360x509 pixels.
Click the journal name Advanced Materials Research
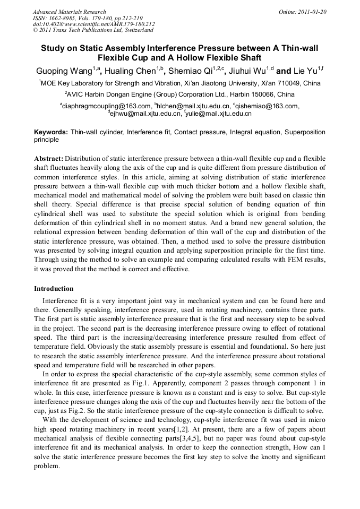point(69,12)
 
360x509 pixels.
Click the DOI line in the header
point(93,24)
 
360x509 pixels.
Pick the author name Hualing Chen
point(130,71)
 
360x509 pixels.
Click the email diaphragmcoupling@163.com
point(107,106)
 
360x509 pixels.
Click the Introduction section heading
point(54,289)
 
